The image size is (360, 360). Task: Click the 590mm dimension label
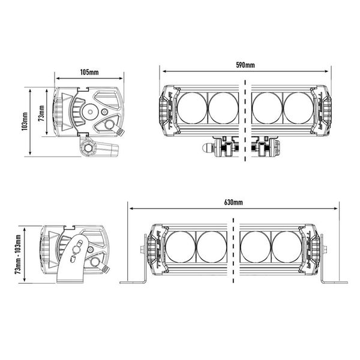pos(245,65)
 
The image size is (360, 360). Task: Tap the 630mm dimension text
pos(233,202)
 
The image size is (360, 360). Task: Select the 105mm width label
pos(89,73)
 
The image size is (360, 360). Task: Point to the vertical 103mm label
pos(25,121)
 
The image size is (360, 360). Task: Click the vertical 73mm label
pos(41,113)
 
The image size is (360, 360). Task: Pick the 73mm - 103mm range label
pos(18,254)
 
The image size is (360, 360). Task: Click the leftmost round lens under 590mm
pos(192,108)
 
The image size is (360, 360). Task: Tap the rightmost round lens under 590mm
pos(298,108)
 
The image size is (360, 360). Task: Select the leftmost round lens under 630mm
pos(181,247)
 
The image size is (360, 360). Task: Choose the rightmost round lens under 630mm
pos(287,247)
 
